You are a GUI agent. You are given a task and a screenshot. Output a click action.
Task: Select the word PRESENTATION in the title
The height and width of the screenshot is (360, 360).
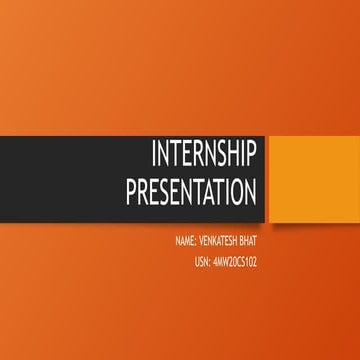point(191,191)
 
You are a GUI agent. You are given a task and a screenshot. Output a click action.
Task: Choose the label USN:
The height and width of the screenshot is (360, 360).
point(204,262)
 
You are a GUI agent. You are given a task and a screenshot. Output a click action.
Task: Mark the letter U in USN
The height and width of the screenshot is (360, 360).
point(198,262)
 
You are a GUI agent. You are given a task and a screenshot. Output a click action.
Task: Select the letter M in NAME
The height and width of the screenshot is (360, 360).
point(187,243)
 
